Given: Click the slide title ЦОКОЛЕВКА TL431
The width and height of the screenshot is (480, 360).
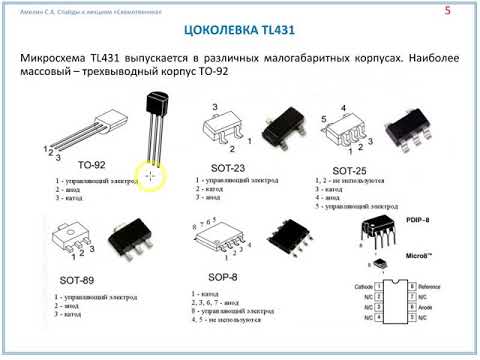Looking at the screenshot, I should click(x=239, y=29).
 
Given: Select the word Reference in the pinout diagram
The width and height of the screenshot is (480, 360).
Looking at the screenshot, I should click(x=436, y=287).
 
